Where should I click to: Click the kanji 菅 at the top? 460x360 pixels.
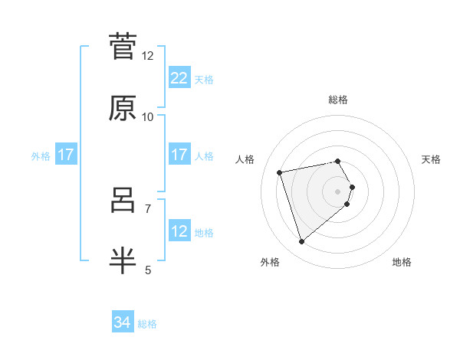click(x=123, y=47)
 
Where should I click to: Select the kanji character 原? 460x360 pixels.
click(x=123, y=108)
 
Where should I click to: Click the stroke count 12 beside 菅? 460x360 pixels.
click(x=148, y=56)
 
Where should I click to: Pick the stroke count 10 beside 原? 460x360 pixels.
click(x=148, y=116)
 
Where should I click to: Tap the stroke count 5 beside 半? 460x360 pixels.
click(x=148, y=270)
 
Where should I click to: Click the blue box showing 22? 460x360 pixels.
click(x=179, y=78)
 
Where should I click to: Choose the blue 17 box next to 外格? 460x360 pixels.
click(x=66, y=155)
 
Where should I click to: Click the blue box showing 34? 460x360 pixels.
click(x=122, y=323)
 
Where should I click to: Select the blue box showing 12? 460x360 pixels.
click(x=179, y=231)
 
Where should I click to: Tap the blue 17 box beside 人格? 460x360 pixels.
click(x=179, y=155)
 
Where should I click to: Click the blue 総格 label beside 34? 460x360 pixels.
click(x=147, y=324)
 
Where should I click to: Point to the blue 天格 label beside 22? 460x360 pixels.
click(x=204, y=79)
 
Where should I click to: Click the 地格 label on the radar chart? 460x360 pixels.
click(x=402, y=262)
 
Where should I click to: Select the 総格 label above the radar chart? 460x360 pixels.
click(x=337, y=100)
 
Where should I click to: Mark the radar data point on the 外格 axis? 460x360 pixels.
click(x=302, y=242)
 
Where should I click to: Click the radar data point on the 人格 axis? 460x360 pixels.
click(x=280, y=172)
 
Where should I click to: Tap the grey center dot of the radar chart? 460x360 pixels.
click(x=337, y=191)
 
